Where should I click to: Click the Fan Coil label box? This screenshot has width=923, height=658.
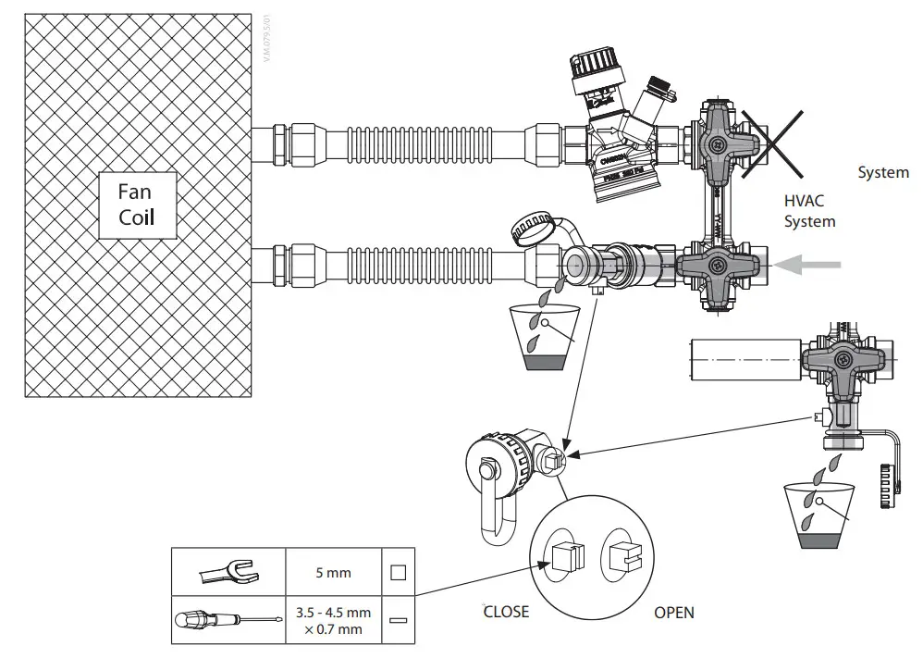tap(136, 205)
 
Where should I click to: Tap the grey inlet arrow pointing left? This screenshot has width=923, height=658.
tap(807, 266)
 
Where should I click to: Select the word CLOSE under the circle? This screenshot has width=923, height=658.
tap(506, 612)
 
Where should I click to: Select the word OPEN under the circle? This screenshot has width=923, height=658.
tap(673, 612)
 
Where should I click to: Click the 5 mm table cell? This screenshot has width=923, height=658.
tap(333, 573)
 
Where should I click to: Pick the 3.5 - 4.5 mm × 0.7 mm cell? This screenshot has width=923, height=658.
tap(333, 621)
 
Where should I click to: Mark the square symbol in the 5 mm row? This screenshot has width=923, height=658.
tap(398, 573)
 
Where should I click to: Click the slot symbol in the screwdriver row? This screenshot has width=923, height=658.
tap(398, 621)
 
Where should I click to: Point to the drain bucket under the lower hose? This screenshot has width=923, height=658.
tap(540, 336)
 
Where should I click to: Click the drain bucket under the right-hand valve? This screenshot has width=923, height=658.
tap(817, 515)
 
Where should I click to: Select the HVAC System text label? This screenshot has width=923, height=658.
tap(809, 211)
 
